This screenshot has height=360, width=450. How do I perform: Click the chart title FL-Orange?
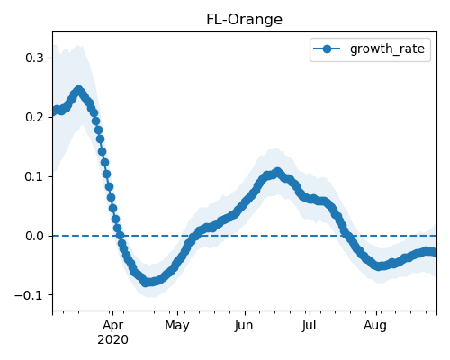tap(244, 20)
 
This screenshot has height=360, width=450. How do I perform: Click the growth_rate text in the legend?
tap(387, 49)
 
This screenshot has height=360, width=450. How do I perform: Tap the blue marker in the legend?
tap(327, 49)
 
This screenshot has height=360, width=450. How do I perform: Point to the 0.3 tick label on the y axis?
tap(35, 58)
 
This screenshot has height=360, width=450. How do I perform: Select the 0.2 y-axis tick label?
tap(35, 117)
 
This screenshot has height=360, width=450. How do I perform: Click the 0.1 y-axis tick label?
tap(35, 176)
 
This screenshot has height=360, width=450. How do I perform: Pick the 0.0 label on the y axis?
tap(35, 236)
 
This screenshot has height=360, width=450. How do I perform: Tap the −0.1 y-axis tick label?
tap(30, 295)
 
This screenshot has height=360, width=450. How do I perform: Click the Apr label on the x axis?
tap(112, 326)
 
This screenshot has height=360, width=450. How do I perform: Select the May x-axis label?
tap(177, 326)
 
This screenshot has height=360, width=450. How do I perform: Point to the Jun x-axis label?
tap(244, 326)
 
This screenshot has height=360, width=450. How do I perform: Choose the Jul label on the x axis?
tap(309, 326)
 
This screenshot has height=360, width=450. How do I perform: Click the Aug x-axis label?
tap(375, 326)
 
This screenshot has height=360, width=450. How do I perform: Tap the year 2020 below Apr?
tap(112, 340)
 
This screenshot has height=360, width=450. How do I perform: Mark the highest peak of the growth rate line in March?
tap(78, 90)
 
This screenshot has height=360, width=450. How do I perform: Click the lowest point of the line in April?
tap(146, 282)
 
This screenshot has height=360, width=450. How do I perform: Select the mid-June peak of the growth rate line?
tap(278, 172)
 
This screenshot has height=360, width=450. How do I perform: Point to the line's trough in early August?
tap(379, 265)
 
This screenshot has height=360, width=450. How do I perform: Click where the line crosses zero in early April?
tap(120, 236)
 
